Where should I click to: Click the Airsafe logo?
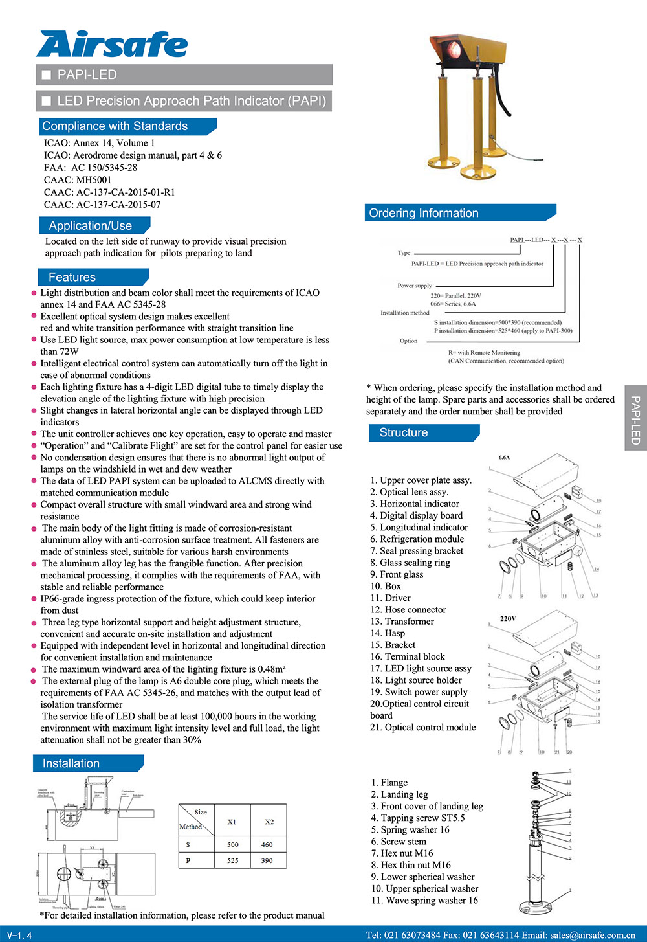coord(112,44)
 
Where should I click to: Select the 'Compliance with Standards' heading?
coord(115,126)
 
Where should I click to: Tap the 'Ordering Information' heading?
coord(424,213)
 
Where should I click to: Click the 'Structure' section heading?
coord(404,432)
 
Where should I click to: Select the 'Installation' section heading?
coord(71,763)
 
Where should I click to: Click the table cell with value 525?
coord(232,860)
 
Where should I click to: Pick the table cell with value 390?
coord(267,860)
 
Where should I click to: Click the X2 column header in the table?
coord(269,822)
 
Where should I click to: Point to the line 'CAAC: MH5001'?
coord(78,180)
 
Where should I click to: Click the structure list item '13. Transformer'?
coord(402,622)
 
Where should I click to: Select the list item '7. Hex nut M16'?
coord(402,853)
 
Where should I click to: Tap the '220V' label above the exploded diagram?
coord(508,618)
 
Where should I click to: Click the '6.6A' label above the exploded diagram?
coord(504,458)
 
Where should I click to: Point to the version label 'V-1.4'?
coord(19,936)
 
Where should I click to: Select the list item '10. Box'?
coord(386,586)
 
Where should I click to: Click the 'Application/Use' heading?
coord(91,226)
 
